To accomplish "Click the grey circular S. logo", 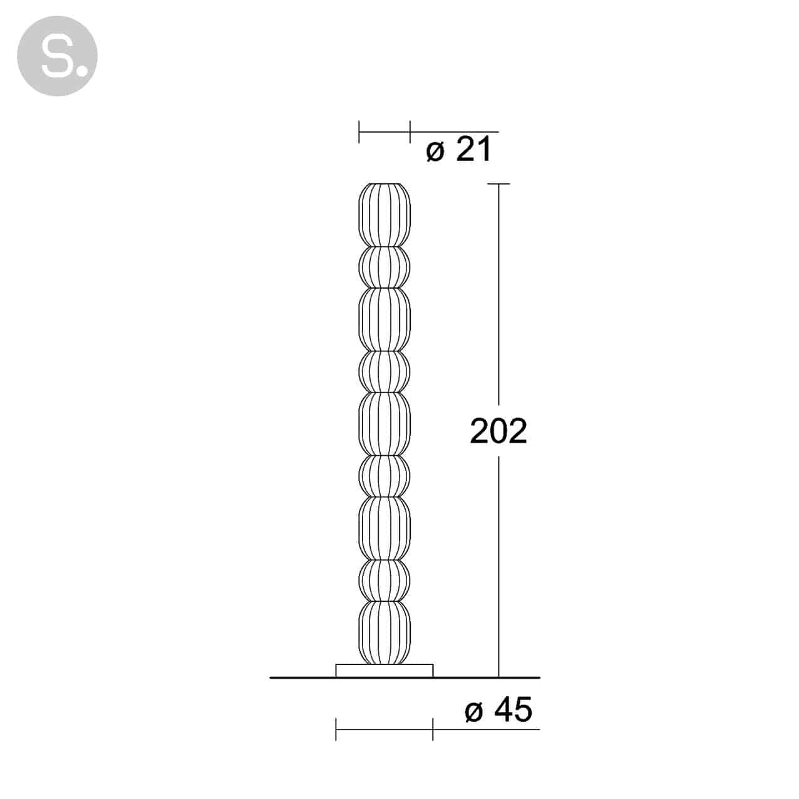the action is pos(57,56).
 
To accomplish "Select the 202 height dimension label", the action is pos(498,431).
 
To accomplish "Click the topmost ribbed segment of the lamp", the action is pos(384,215).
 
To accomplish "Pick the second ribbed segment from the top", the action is pos(384,267).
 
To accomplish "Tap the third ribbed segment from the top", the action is pos(384,320).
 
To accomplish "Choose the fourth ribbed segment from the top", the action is pos(384,372).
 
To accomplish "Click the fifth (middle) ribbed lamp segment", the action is pos(384,424).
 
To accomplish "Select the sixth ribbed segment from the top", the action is pos(384,477).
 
